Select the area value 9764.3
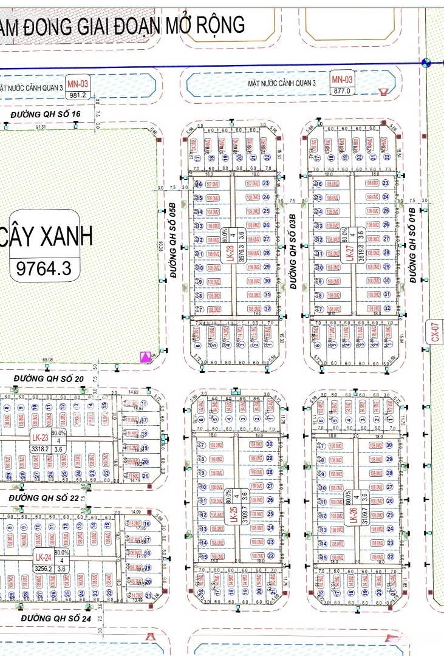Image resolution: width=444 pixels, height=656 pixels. [44, 268]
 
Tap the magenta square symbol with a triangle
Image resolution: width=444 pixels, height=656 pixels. [146, 357]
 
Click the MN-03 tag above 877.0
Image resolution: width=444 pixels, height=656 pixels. [342, 80]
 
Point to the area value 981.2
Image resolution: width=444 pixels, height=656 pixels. [79, 95]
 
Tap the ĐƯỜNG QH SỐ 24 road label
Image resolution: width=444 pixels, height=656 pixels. [55, 618]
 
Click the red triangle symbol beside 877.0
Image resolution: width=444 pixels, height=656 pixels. [383, 92]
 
